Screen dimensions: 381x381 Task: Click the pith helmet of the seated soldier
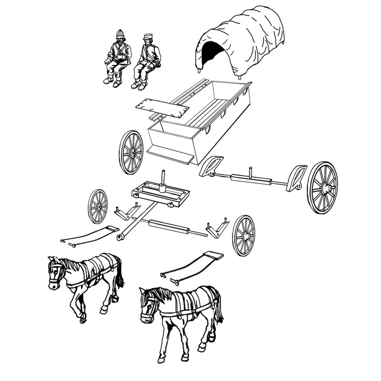[x=120, y=35]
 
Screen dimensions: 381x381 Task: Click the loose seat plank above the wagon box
[x=162, y=107]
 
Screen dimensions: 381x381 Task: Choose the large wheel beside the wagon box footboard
[x=131, y=152]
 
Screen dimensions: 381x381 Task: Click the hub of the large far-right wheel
[x=325, y=188]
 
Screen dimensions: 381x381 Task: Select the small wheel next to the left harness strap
[x=98, y=206]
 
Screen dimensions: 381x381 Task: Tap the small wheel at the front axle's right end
[x=244, y=235]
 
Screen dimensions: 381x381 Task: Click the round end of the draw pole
[x=120, y=236]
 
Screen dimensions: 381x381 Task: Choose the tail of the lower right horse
[x=218, y=307]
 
